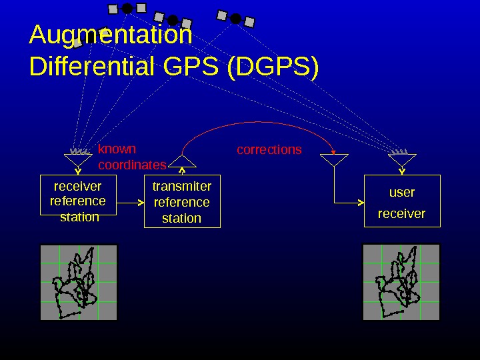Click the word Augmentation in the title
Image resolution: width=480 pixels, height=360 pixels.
(111, 35)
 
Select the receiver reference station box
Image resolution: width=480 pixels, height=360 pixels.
(78, 195)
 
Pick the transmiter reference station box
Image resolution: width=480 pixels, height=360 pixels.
(182, 202)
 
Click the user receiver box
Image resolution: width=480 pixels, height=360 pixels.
(402, 201)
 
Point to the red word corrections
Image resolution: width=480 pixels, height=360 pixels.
(269, 150)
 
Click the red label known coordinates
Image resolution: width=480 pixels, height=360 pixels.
(131, 157)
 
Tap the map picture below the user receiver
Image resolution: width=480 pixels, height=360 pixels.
(401, 282)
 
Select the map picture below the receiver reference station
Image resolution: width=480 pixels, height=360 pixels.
(79, 282)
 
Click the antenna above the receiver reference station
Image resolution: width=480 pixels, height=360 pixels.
(78, 159)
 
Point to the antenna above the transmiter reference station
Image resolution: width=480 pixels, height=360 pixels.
(182, 161)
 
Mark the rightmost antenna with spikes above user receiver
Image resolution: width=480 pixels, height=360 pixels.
(402, 159)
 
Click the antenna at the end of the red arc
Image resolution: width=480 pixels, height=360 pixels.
(333, 160)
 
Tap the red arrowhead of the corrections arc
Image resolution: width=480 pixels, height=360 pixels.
(333, 153)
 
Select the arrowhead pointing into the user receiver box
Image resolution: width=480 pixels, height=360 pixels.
(360, 202)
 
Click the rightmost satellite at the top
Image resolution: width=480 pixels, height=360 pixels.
(235, 18)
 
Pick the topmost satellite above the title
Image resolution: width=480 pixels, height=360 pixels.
(127, 8)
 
